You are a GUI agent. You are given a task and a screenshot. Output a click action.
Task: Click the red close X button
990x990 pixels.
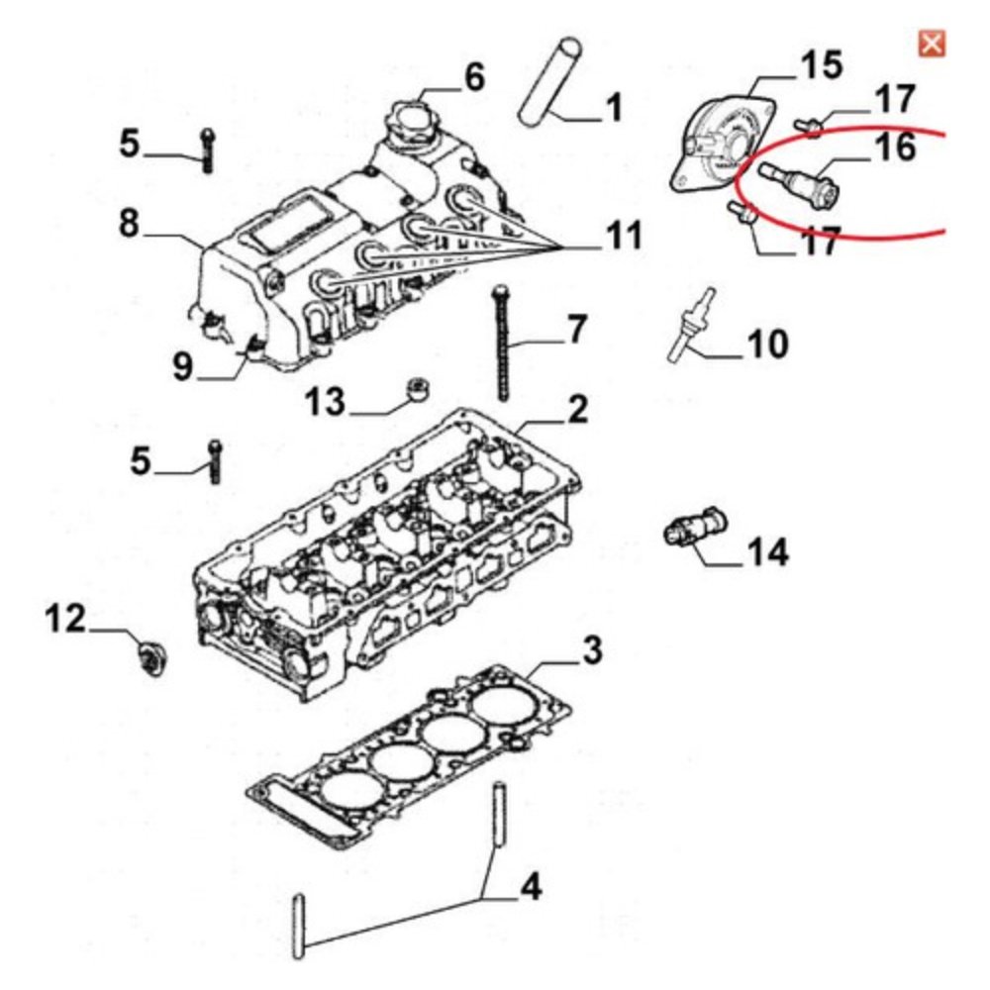click(x=932, y=44)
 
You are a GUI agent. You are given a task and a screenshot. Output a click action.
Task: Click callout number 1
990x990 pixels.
click(x=613, y=106)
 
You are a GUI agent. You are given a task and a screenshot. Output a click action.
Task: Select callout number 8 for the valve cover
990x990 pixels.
click(x=129, y=223)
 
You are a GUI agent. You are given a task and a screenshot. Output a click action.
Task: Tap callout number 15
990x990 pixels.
click(x=820, y=66)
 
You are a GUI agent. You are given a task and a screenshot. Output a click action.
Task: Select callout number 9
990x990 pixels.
click(x=183, y=367)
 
